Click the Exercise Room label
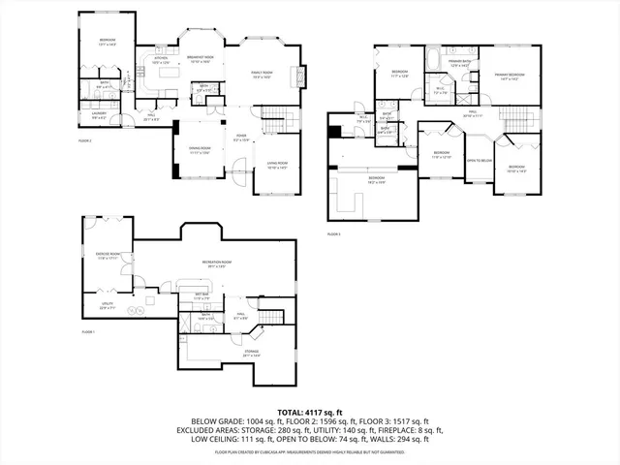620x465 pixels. coord(108,255)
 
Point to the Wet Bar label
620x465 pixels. coord(202,295)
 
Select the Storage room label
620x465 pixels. coord(251,353)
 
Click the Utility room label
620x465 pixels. coord(108,306)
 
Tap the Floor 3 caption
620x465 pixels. coord(334,234)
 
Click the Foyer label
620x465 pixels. coord(242,138)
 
